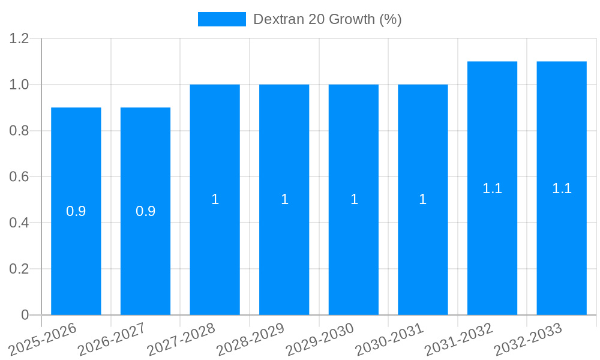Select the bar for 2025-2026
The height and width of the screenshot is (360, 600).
pos(76,240)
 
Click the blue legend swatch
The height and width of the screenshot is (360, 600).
pos(222,19)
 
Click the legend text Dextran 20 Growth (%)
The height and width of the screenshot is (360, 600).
pos(327,19)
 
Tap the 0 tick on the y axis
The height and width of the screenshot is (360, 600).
pos(25,315)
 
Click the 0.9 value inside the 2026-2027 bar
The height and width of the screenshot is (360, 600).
pos(146,211)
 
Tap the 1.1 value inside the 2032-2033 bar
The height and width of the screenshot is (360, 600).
pos(562,188)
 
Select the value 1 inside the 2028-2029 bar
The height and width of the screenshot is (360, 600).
pos(284,200)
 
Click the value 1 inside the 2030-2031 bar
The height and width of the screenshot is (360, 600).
pos(423,200)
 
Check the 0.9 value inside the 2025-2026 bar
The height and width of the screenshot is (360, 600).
pos(76,211)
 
